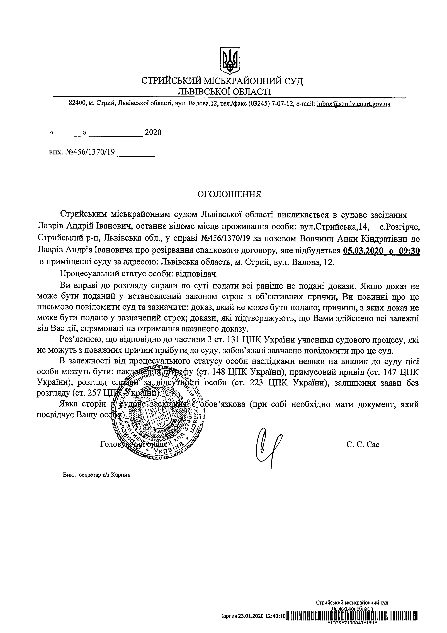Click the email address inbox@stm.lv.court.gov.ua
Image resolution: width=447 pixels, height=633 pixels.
point(354,104)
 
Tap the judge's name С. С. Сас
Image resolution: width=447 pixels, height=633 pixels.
point(363,444)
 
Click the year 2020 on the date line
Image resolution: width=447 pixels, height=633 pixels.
point(153,133)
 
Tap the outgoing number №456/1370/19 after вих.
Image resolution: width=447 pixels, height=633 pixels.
point(90,152)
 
